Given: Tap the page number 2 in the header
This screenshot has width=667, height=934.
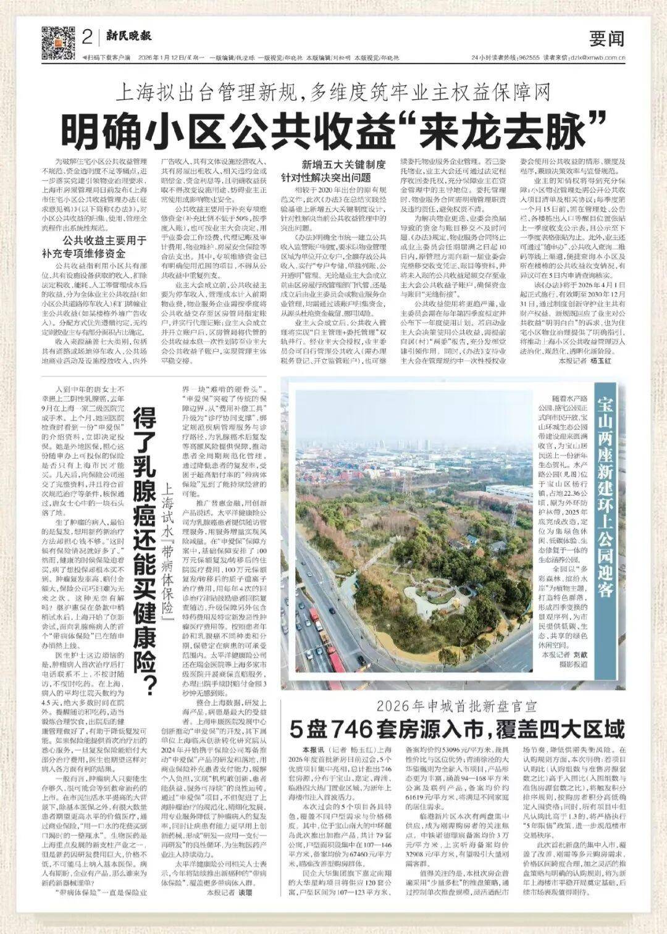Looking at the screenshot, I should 86,38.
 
